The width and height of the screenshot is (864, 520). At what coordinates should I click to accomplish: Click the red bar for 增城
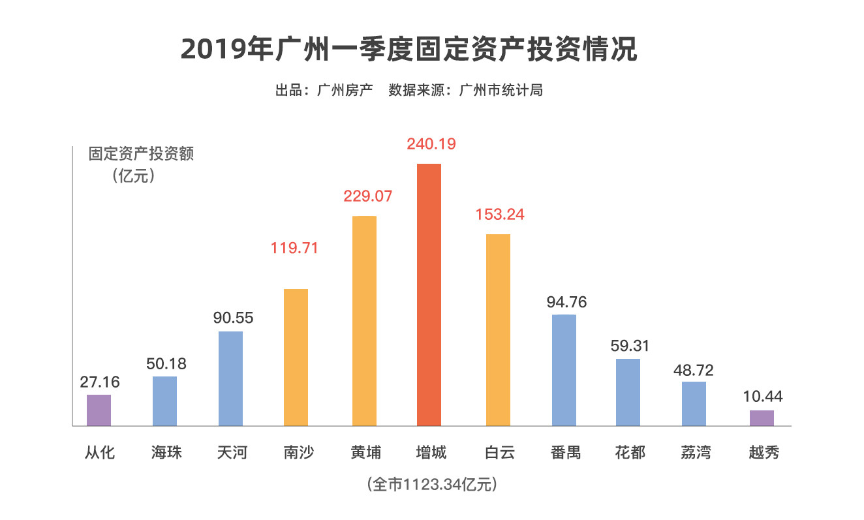[x=429, y=294]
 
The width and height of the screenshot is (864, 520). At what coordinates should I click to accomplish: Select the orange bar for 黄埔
[x=364, y=320]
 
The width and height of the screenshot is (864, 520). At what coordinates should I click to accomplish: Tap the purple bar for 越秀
[x=762, y=418]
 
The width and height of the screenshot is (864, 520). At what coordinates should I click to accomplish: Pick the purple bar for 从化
[x=99, y=410]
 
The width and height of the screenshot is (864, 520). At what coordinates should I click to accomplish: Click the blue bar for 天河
[x=230, y=378]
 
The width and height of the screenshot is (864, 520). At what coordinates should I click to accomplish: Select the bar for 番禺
[x=564, y=370]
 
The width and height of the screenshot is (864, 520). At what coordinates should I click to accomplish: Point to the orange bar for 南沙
[x=296, y=357]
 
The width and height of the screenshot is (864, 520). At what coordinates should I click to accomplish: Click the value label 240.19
[x=431, y=144]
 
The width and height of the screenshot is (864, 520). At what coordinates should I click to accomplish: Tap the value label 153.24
[x=500, y=215]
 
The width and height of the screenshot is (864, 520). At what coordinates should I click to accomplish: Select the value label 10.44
[x=762, y=395]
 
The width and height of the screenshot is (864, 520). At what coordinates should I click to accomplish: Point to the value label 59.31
[x=630, y=345]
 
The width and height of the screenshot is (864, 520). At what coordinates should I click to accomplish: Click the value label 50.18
[x=166, y=363]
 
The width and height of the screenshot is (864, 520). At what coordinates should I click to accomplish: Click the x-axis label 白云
[x=500, y=452]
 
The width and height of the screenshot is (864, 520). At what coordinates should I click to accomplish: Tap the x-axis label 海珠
[x=166, y=452]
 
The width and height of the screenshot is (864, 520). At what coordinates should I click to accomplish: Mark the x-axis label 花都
[x=630, y=452]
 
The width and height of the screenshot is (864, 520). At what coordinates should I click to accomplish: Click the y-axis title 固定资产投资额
[x=142, y=155]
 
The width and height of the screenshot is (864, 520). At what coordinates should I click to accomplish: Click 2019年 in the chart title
[x=225, y=50]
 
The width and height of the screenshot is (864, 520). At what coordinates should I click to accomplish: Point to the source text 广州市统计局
[x=501, y=90]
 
